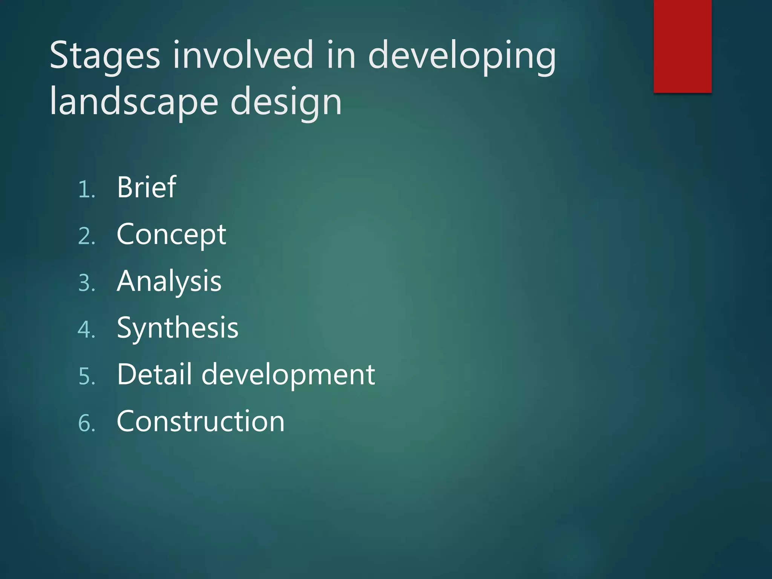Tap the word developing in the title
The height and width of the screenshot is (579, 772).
click(x=461, y=57)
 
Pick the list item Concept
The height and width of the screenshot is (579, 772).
click(x=171, y=235)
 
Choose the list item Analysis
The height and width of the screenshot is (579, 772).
click(x=169, y=282)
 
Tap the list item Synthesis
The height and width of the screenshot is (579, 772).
click(x=178, y=328)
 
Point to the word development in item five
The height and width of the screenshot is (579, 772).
click(x=288, y=375)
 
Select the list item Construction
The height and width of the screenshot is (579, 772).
click(x=201, y=421)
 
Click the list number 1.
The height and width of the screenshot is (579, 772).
click(x=86, y=190)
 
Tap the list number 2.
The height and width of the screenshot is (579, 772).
click(x=86, y=237)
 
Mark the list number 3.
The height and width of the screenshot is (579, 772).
click(x=86, y=283)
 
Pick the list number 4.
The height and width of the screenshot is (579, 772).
click(x=86, y=330)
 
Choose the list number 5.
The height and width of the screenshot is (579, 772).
click(x=86, y=377)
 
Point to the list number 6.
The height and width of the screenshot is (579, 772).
click(x=86, y=423)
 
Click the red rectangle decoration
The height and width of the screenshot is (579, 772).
click(x=682, y=46)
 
